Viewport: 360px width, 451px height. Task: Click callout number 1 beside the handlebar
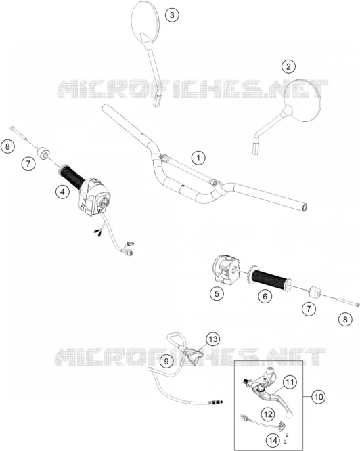tap(198, 158)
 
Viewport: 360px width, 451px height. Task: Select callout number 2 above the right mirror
tap(288, 66)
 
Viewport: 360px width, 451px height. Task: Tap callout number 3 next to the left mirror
tap(172, 15)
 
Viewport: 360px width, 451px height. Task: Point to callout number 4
tap(63, 192)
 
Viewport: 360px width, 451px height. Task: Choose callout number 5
tap(217, 293)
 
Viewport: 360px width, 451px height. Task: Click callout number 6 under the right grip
tap(265, 296)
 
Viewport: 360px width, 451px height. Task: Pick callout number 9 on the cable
tap(166, 361)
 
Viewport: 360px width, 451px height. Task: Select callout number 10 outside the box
tap(318, 397)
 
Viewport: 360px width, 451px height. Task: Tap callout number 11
tap(290, 382)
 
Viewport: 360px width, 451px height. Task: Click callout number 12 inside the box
tap(268, 414)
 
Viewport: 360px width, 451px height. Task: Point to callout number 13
tap(213, 339)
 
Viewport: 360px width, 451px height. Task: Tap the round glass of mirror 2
tap(305, 100)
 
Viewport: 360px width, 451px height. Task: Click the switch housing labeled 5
tap(227, 268)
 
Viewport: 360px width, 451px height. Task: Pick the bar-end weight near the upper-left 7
tap(43, 153)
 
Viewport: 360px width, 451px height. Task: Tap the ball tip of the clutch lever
tap(288, 414)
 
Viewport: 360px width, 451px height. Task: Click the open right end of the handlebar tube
tap(305, 207)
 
